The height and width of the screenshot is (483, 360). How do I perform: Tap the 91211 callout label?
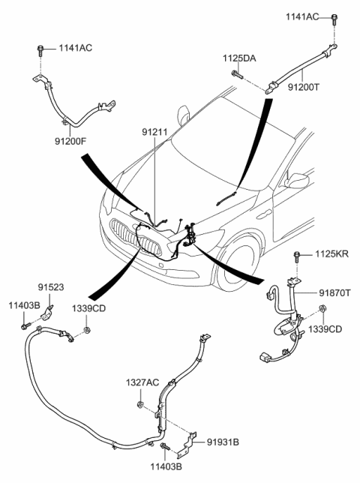tap(152, 132)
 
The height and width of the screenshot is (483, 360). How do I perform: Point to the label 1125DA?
tap(238, 58)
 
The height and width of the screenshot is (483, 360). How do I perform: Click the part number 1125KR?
tap(331, 256)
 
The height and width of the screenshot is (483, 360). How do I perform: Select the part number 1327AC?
tap(142, 383)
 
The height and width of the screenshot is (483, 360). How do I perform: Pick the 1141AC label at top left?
tap(76, 49)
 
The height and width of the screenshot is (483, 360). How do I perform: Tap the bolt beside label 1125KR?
tap(298, 256)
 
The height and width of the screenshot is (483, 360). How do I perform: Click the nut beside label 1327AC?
tap(141, 406)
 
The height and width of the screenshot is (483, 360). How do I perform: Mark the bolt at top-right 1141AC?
tap(331, 28)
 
